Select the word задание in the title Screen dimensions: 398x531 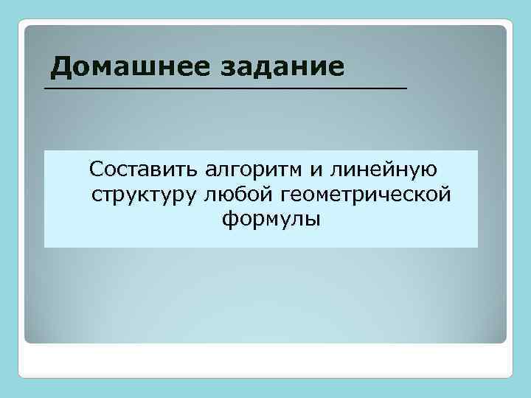(282, 68)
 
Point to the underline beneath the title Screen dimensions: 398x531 (225, 88)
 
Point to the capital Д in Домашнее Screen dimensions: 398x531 (62, 68)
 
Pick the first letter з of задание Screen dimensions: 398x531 (226, 69)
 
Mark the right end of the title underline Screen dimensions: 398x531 (405, 88)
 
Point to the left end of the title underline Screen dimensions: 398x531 (46, 88)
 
